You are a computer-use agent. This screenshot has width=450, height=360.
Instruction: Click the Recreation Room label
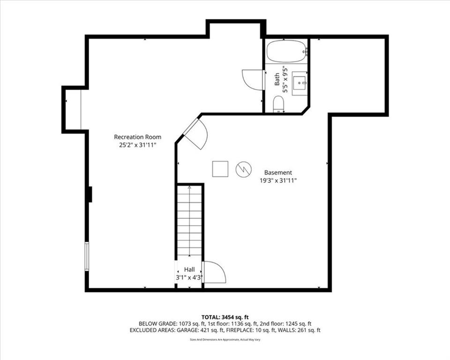tap(137, 137)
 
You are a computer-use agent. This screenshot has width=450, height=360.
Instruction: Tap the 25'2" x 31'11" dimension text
tap(137, 145)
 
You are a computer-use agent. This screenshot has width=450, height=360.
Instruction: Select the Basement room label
tap(278, 172)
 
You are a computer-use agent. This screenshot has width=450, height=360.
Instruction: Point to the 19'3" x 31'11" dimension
tap(278, 180)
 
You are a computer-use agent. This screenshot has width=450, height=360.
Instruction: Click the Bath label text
tap(277, 79)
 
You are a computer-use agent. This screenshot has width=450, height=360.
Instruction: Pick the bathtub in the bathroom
tap(286, 52)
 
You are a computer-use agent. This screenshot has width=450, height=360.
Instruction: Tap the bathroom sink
tap(300, 83)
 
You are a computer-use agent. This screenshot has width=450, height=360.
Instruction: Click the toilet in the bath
tap(278, 104)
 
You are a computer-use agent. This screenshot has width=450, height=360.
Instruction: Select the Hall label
tap(189, 270)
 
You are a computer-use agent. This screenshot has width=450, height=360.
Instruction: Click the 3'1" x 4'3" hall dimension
tap(189, 277)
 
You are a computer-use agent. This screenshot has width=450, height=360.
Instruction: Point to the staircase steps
tap(189, 221)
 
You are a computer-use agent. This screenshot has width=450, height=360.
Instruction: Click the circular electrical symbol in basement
tap(244, 169)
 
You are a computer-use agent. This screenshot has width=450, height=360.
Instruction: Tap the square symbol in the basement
tap(220, 169)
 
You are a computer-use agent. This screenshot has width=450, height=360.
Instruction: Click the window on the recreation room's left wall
tap(87, 256)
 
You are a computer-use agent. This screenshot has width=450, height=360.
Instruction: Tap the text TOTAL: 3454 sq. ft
tap(225, 317)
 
